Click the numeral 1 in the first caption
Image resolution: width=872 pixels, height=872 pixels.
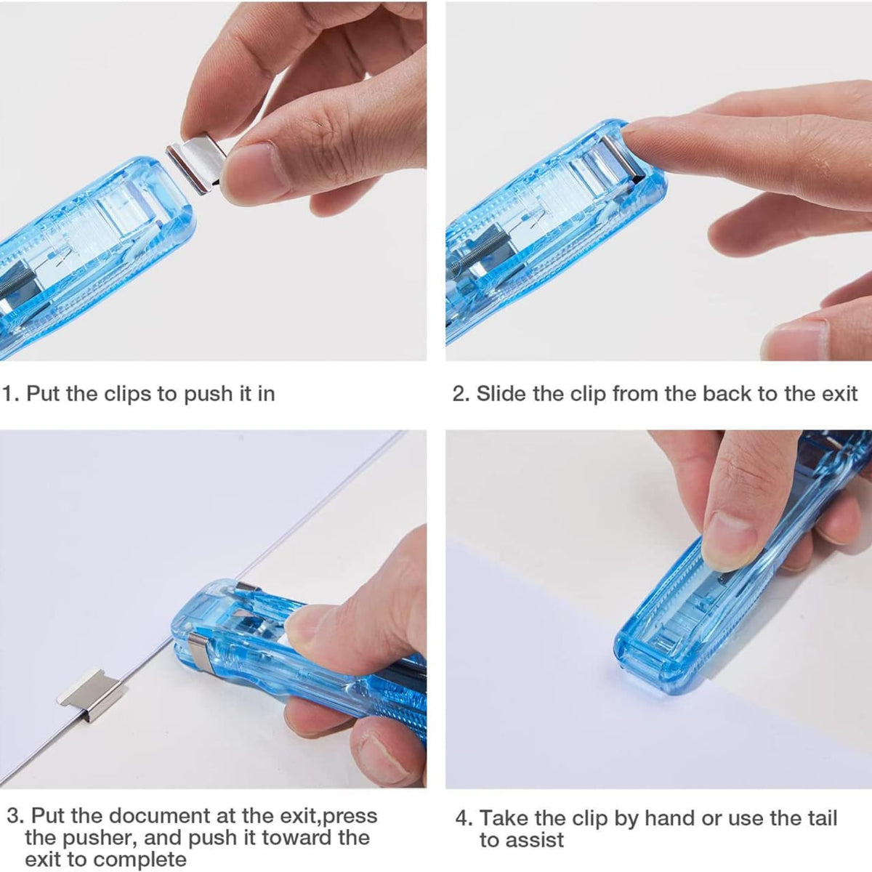pyautogui.click(x=8, y=394)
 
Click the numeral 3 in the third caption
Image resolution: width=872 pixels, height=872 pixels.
pyautogui.click(x=14, y=816)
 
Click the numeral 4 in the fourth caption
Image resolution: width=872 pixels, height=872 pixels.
pyautogui.click(x=462, y=818)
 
